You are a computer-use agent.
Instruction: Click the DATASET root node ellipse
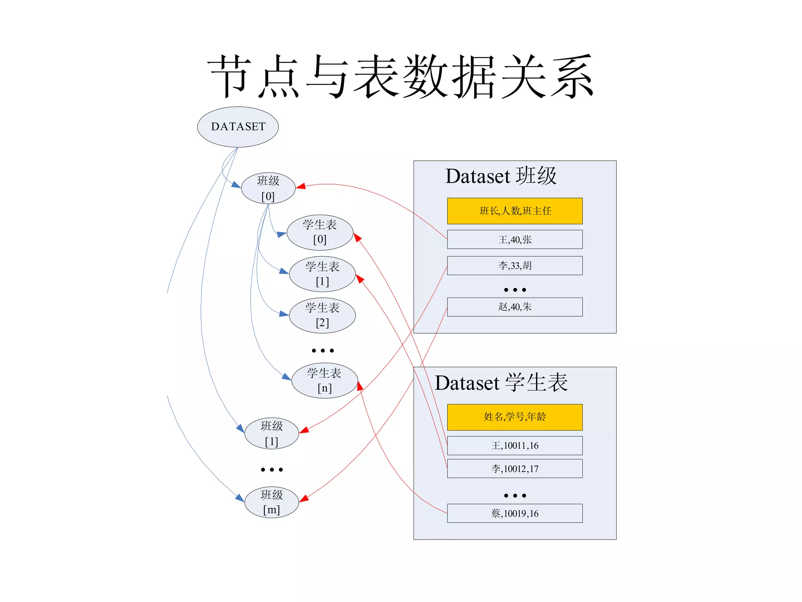pyautogui.click(x=238, y=127)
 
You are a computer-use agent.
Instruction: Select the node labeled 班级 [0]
pyautogui.click(x=268, y=188)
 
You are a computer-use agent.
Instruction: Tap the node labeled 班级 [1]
pyautogui.click(x=271, y=433)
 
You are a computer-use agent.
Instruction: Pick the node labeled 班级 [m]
pyautogui.click(x=271, y=502)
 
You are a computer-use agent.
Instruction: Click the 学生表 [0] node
pyautogui.click(x=320, y=232)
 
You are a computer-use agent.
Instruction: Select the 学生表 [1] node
pyautogui.click(x=322, y=274)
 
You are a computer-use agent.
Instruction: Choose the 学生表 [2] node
pyautogui.click(x=322, y=315)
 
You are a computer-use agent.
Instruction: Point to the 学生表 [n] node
pyautogui.click(x=324, y=381)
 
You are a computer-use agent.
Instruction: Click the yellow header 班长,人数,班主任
pyautogui.click(x=515, y=211)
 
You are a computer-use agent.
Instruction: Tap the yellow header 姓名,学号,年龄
pyautogui.click(x=515, y=417)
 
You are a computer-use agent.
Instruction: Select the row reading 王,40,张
pyautogui.click(x=515, y=239)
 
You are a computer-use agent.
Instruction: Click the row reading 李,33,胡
pyautogui.click(x=515, y=266)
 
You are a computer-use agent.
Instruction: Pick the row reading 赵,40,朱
pyautogui.click(x=515, y=307)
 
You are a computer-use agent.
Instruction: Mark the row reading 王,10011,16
pyautogui.click(x=515, y=446)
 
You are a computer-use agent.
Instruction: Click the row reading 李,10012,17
pyautogui.click(x=515, y=469)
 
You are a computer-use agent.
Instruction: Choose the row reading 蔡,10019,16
pyautogui.click(x=515, y=513)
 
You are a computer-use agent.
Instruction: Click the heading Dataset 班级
pyautogui.click(x=501, y=176)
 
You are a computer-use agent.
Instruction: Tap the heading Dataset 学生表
pyautogui.click(x=501, y=383)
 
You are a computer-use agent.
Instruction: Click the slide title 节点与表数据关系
pyautogui.click(x=401, y=76)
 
